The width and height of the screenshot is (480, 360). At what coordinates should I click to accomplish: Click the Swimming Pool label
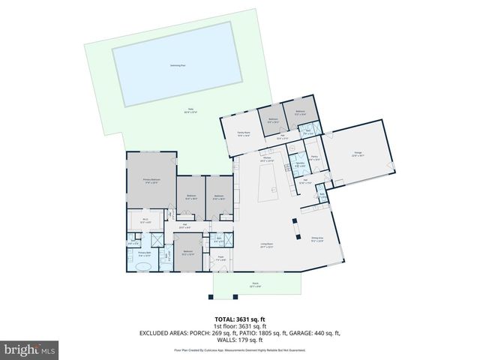pos(178,65)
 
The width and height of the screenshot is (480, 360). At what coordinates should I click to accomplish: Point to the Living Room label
pos(265,244)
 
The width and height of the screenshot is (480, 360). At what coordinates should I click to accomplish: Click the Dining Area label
pos(317,238)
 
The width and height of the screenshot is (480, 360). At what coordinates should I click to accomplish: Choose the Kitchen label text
pos(265,158)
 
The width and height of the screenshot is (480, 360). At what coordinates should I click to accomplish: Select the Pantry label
pos(315,157)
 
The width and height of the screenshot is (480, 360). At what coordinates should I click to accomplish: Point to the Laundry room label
pos(299,163)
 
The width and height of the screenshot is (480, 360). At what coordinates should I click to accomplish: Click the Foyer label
pos(222,258)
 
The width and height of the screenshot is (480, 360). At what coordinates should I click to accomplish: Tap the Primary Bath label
pos(145,254)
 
